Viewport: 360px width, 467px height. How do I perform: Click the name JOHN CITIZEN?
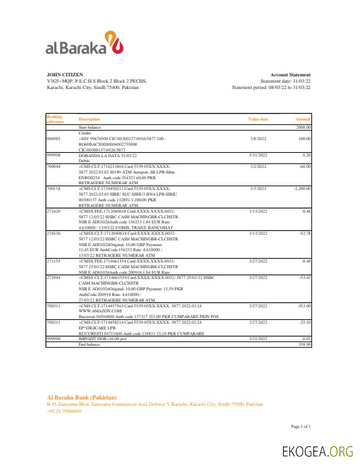pyautogui.click(x=64, y=74)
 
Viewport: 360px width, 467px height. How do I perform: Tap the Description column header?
pyautogui.click(x=89, y=119)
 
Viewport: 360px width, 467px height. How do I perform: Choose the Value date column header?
pyautogui.click(x=258, y=119)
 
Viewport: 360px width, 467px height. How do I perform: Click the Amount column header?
pyautogui.click(x=303, y=119)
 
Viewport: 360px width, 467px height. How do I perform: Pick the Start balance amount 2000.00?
pyautogui.click(x=304, y=127)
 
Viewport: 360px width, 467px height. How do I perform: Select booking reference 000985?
pyautogui.click(x=54, y=138)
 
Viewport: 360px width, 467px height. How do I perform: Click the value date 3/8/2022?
pyautogui.click(x=258, y=138)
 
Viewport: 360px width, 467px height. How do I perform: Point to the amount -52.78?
pyautogui.click(x=306, y=233)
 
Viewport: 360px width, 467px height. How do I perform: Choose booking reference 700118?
pyautogui.click(x=54, y=188)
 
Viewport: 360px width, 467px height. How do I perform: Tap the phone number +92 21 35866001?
pyautogui.click(x=64, y=410)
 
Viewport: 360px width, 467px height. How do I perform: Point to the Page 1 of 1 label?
pyautogui.click(x=300, y=427)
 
